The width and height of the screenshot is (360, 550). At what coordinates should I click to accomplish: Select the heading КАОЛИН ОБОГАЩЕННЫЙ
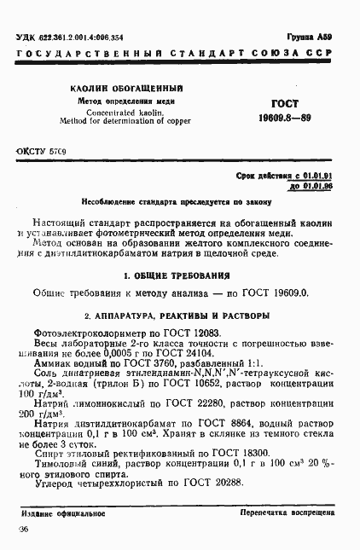[x=117, y=88]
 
